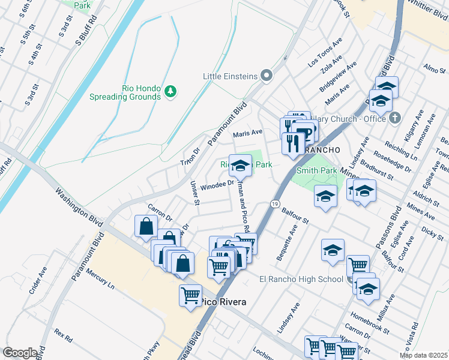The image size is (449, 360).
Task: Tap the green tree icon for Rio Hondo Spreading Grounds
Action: pyautogui.click(x=172, y=91)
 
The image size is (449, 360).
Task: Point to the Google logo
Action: pyautogui.click(x=19, y=352)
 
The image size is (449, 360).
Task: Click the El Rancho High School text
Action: pyautogui.click(x=301, y=279)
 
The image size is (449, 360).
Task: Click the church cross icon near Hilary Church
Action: pyautogui.click(x=394, y=118)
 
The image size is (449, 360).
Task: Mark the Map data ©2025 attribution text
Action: pyautogui.click(x=424, y=355)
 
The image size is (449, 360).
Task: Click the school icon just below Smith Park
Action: pyautogui.click(x=325, y=197)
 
